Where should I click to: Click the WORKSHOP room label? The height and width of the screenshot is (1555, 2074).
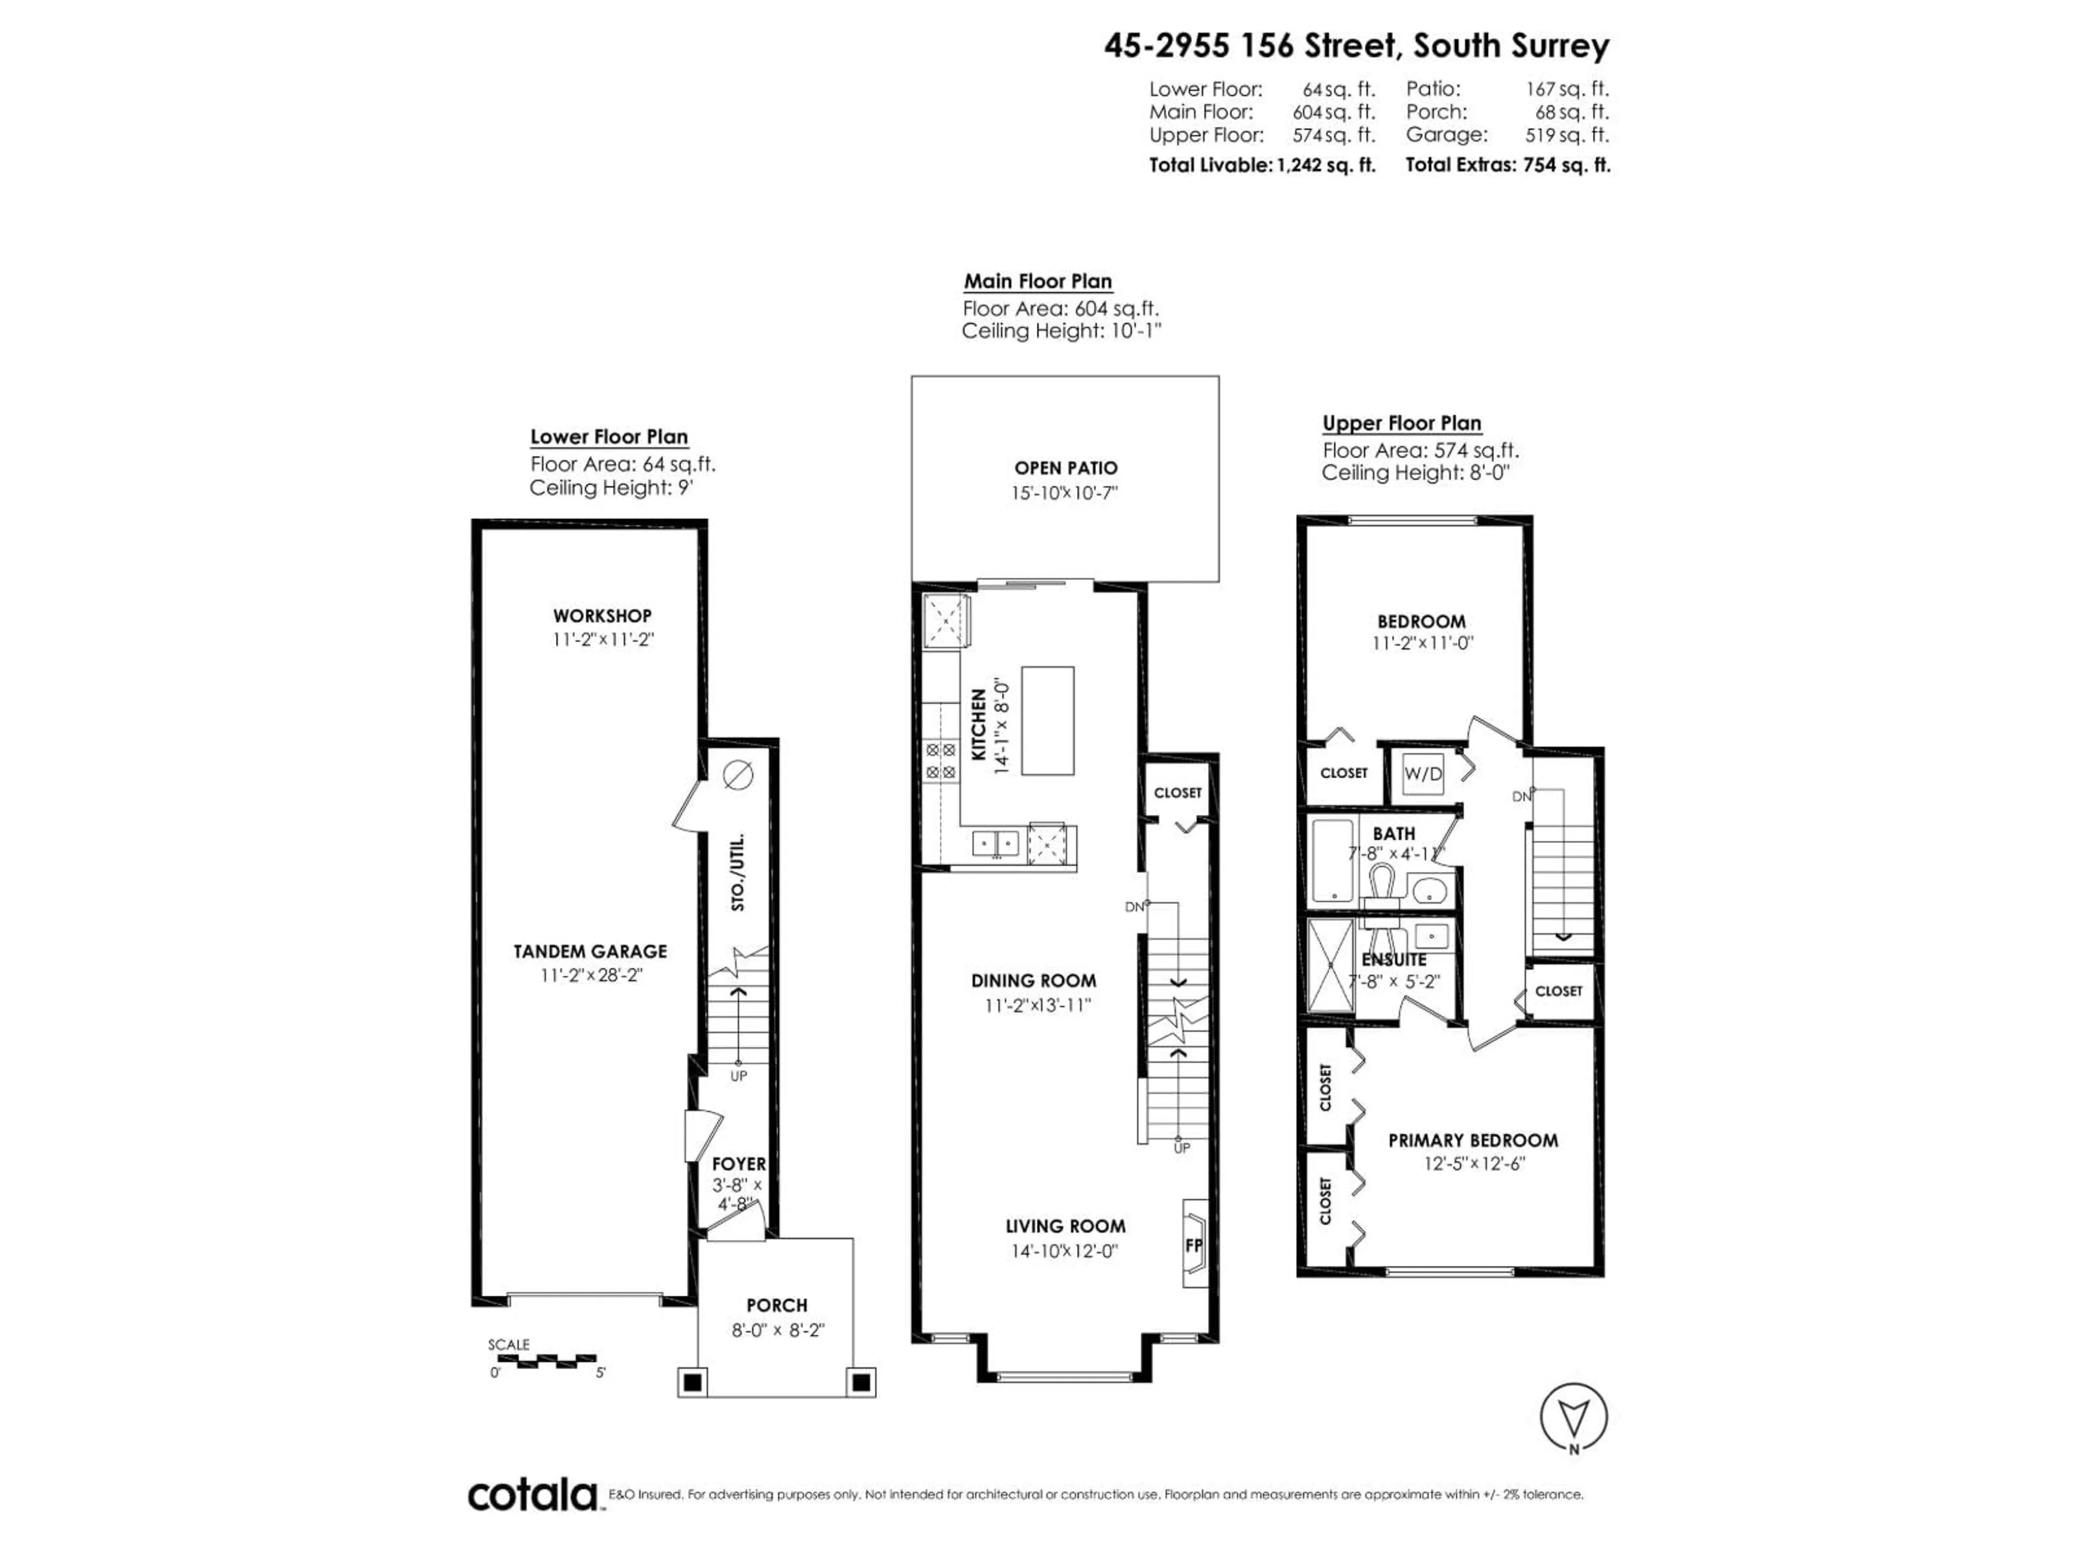pyautogui.click(x=602, y=616)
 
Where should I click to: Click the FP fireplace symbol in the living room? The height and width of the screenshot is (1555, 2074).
pyautogui.click(x=1194, y=1246)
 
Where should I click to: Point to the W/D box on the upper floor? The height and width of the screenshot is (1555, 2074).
pyautogui.click(x=1422, y=774)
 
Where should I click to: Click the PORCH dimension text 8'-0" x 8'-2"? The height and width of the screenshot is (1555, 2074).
pyautogui.click(x=777, y=1330)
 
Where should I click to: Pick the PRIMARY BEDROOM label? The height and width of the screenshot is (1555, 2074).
pyautogui.click(x=1473, y=1141)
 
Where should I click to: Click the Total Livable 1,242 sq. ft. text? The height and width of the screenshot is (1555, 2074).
pyautogui.click(x=1262, y=165)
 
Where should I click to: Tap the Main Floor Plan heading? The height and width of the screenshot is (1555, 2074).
pyautogui.click(x=1038, y=281)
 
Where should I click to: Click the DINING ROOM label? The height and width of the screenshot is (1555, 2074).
pyautogui.click(x=1033, y=981)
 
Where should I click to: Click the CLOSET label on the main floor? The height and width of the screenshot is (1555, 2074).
pyautogui.click(x=1177, y=792)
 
